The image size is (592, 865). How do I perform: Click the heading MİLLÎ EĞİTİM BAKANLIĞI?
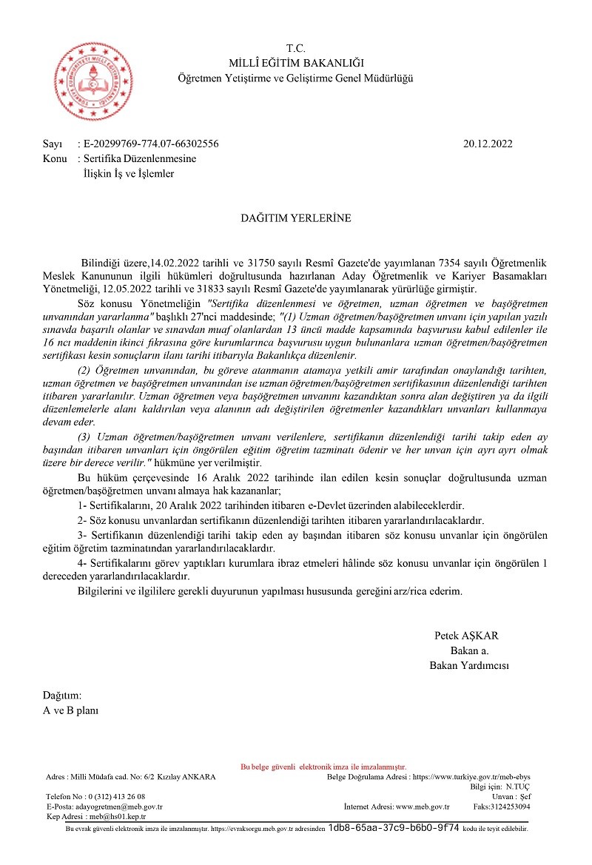[x=296, y=63]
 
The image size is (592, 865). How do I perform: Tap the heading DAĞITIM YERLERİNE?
[x=296, y=218]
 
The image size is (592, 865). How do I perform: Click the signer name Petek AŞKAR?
[x=466, y=636]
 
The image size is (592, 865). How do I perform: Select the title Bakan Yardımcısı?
[x=469, y=665]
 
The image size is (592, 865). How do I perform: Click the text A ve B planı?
[x=70, y=710]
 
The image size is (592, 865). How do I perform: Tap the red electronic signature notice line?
[x=324, y=767]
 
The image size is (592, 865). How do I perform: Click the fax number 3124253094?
[x=512, y=806]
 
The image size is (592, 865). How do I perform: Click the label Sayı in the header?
[x=52, y=144]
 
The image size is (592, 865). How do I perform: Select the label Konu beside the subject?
[x=55, y=159]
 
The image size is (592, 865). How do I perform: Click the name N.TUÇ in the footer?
[x=518, y=787]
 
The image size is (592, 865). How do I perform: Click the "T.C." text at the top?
[x=296, y=48]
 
